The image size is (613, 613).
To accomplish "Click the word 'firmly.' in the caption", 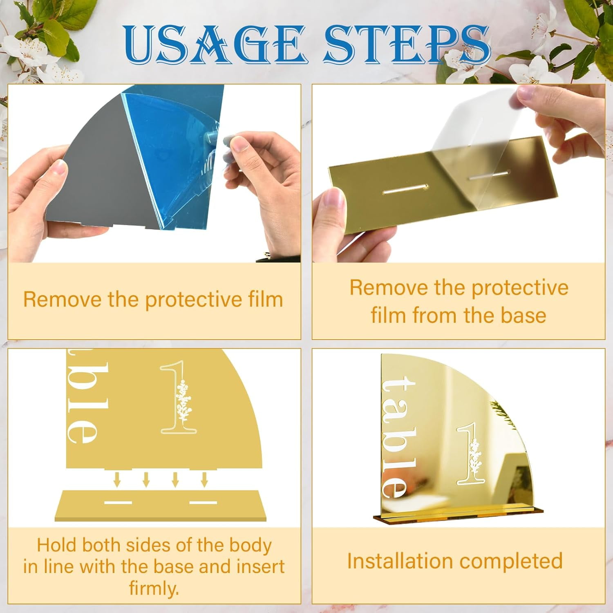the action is click(x=154, y=588).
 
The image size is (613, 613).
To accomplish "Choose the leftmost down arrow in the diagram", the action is click(x=117, y=479).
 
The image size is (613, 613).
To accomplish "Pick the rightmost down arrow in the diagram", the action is click(x=204, y=479).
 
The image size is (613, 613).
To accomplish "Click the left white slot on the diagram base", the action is click(x=118, y=502).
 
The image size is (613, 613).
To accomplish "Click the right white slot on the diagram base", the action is click(x=204, y=502).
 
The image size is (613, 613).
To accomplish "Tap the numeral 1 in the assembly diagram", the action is click(x=179, y=397).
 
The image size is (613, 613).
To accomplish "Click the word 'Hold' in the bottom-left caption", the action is click(x=57, y=545).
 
